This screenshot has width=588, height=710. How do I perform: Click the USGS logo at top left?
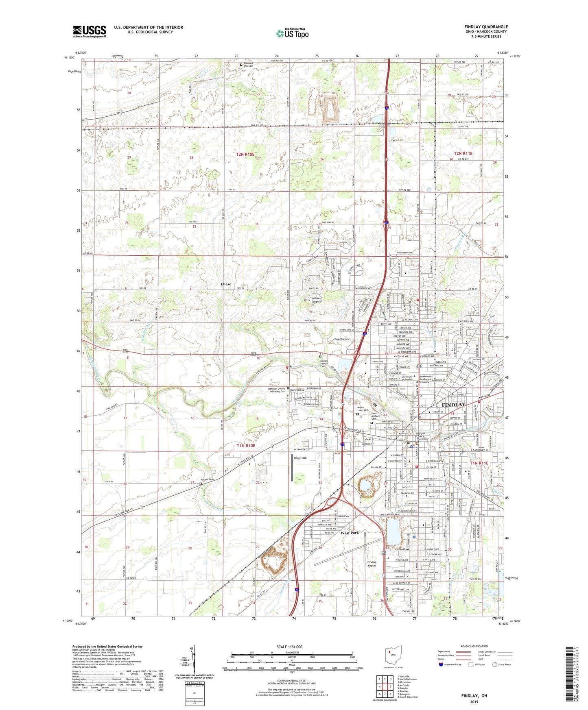pos(89,31)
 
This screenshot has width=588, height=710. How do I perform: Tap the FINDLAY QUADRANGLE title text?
pos(486,27)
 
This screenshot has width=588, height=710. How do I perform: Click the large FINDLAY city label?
pos(453,405)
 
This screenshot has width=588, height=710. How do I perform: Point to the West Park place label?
pos(350,533)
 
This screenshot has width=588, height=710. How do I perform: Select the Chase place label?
pos(226,284)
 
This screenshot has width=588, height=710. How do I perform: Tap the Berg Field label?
pos(300,458)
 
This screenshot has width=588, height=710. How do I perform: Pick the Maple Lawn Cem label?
pos(363,409)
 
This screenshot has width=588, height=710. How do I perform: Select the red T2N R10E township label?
pos(245,154)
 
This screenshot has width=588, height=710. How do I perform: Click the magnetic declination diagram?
pos(194,659)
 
